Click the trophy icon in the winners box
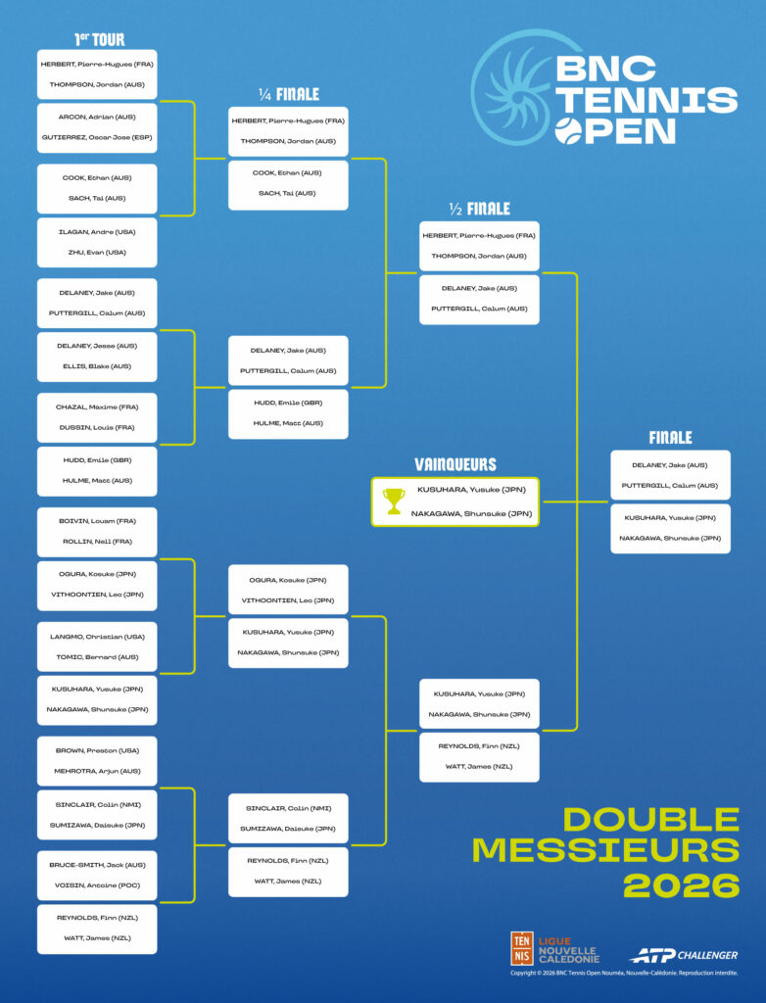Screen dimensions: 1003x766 (394, 501)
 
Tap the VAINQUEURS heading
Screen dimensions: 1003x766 (455, 465)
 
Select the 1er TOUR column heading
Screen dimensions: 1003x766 (100, 40)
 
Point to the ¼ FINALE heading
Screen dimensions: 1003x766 (289, 95)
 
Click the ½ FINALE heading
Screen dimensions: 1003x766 (479, 209)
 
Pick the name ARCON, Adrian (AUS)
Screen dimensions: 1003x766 (97, 117)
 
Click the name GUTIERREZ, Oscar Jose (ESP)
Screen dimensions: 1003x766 (97, 137)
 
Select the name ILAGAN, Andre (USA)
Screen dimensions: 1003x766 (97, 231)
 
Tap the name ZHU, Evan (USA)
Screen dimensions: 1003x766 (97, 252)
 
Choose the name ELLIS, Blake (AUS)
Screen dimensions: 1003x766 (97, 366)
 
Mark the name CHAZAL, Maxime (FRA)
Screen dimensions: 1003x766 (97, 407)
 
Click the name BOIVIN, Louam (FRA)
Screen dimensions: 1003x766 (97, 521)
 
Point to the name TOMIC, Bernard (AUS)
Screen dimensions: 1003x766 (97, 657)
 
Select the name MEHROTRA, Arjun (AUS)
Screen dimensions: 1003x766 (97, 771)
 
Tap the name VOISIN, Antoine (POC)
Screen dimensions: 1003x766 (97, 885)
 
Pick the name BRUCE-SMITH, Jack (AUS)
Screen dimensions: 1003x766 (97, 865)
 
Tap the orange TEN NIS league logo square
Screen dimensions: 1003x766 (522, 948)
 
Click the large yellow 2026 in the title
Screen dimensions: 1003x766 (681, 884)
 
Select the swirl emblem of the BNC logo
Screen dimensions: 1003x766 (512, 87)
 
